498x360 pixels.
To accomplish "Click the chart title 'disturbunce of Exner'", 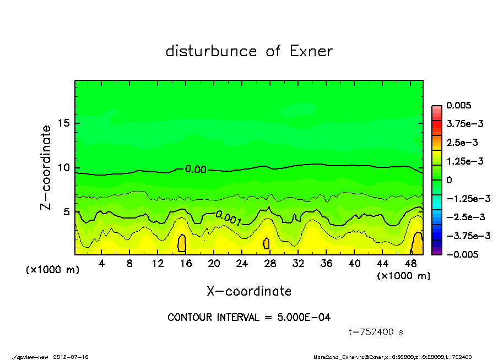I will click(249, 51).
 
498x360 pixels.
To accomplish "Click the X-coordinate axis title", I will click(249, 291).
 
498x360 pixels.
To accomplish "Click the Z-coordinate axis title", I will click(46, 167).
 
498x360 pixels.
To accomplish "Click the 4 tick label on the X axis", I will click(102, 264).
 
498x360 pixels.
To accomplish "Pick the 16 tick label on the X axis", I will click(186, 264).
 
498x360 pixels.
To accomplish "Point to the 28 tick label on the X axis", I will click(270, 264).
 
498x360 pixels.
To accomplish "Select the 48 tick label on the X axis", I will click(410, 264).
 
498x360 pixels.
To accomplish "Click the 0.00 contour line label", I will click(196, 170).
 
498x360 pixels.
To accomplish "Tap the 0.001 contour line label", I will click(228, 218).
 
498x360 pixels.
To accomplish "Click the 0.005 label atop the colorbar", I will click(458, 105).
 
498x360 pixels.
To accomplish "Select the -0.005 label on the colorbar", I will click(461, 254).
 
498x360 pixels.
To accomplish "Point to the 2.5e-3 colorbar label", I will click(462, 143).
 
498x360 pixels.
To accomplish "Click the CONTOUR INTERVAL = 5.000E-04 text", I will click(249, 317).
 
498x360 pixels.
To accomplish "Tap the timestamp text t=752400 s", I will click(377, 332).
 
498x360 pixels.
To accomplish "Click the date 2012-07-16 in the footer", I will click(71, 356).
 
